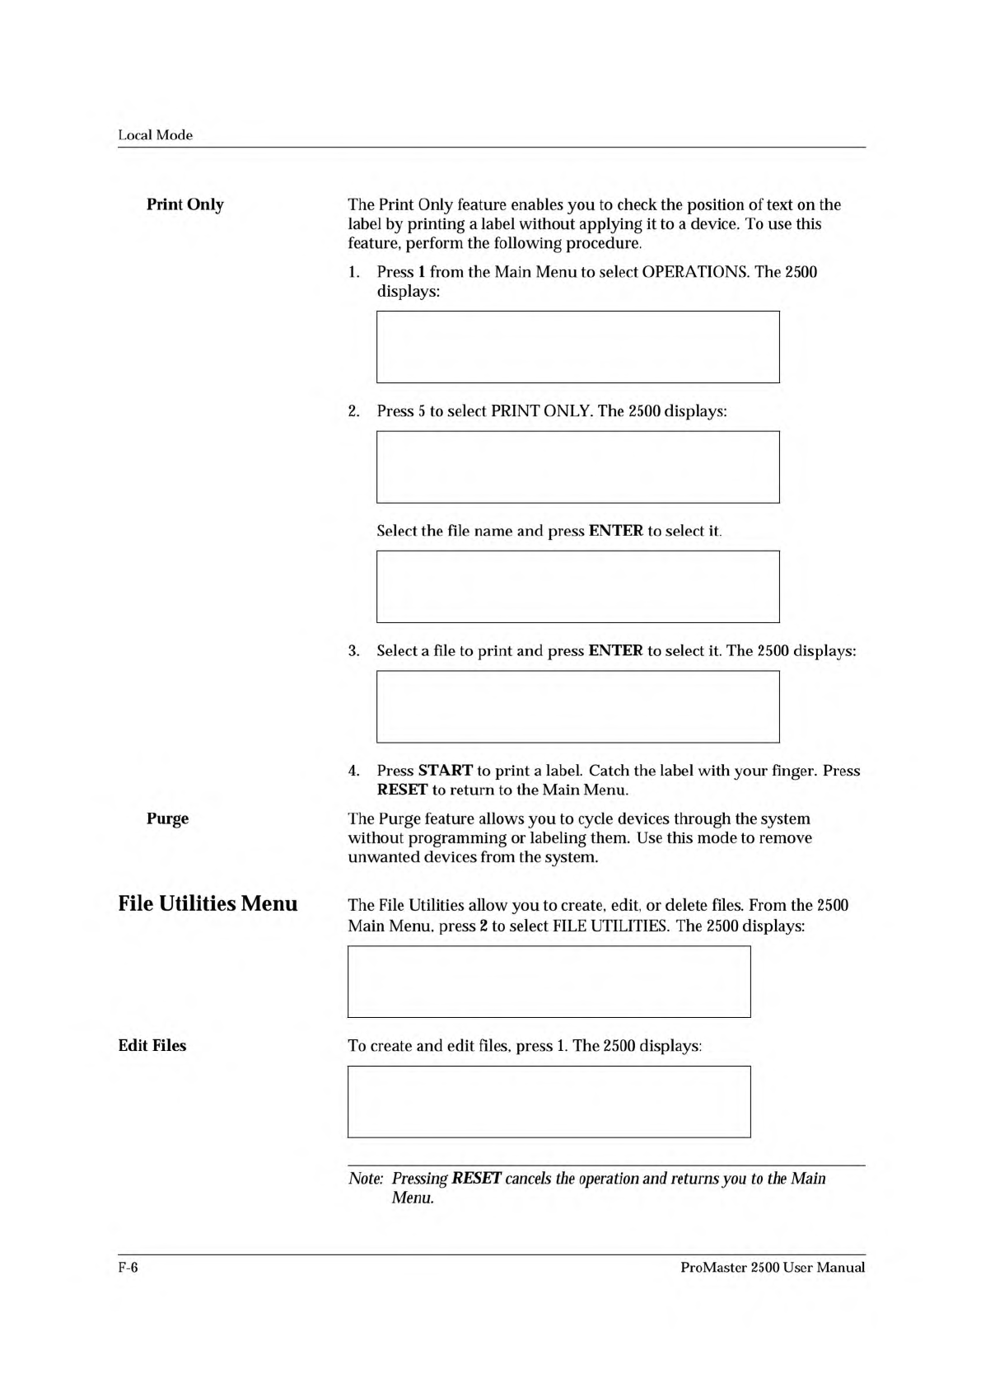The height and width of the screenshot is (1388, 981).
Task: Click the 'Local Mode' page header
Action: [x=155, y=135]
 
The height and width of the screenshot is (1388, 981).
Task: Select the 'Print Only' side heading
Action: [x=185, y=204]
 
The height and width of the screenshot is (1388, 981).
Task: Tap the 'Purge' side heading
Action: [x=167, y=818]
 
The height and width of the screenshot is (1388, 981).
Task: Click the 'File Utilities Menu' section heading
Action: [x=208, y=904]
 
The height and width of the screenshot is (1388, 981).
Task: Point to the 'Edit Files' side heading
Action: [x=152, y=1045]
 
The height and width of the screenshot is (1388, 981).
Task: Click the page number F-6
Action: [x=128, y=1268]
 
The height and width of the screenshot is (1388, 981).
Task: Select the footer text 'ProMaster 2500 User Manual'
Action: [x=773, y=1268]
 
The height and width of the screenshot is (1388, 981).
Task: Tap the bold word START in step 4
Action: [x=445, y=771]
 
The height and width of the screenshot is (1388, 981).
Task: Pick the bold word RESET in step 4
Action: [x=402, y=790]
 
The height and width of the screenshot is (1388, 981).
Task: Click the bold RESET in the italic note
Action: [x=477, y=1179]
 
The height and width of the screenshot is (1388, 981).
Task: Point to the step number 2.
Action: [x=353, y=411]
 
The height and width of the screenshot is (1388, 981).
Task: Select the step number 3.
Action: [x=353, y=651]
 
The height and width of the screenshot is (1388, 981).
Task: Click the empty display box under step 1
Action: [x=577, y=347]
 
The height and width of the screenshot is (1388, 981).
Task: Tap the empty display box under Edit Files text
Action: [x=549, y=1101]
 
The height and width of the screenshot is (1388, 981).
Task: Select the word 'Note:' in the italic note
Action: [x=366, y=1179]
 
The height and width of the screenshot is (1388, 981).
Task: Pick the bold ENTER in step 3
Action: [x=615, y=651]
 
